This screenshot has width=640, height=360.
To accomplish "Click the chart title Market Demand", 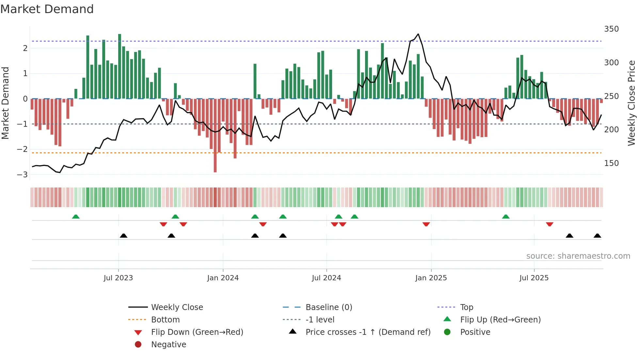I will [x=47, y=9].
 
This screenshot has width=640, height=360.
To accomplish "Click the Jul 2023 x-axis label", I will [x=118, y=278].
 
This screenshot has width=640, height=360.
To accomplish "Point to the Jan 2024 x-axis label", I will [x=223, y=278].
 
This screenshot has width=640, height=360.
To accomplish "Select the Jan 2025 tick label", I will [x=431, y=278].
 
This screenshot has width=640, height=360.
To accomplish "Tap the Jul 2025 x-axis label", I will [x=534, y=278].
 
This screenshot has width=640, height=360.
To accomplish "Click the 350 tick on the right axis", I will [x=611, y=29].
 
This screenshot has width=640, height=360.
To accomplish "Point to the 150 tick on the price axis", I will [x=611, y=163].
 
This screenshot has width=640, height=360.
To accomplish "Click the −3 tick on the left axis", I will [x=23, y=174].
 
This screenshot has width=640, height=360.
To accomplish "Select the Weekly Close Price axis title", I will [x=632, y=103].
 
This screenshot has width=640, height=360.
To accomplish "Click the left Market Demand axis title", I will [x=6, y=103].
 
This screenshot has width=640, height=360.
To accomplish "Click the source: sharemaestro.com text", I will [x=578, y=256].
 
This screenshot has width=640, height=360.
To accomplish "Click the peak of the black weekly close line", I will [x=418, y=34].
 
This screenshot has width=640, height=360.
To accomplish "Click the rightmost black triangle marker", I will [x=597, y=236].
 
